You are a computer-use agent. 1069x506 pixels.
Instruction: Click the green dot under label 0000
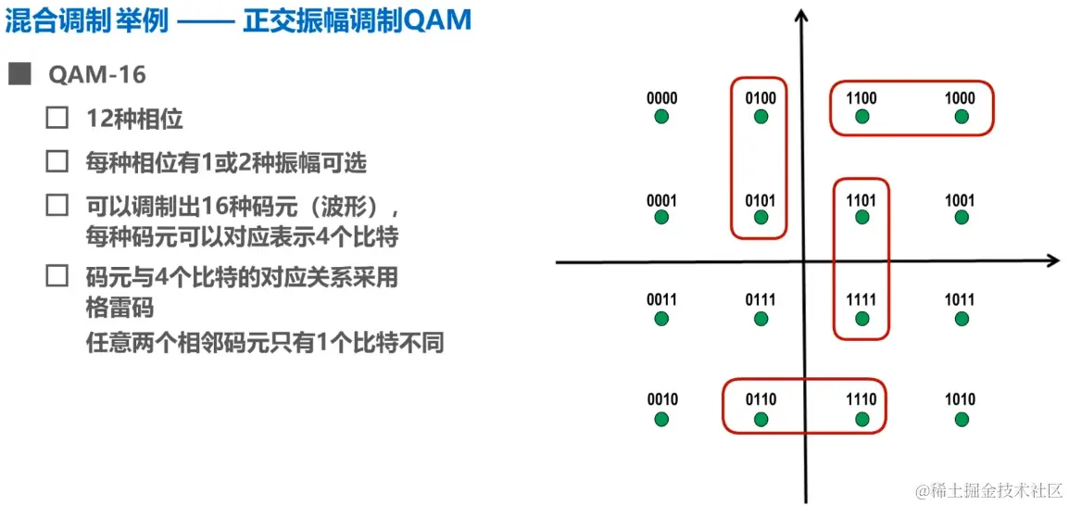(661, 117)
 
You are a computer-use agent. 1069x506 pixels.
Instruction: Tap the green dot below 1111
(862, 319)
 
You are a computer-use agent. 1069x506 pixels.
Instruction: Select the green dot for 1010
(962, 419)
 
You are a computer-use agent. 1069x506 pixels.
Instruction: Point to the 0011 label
(661, 299)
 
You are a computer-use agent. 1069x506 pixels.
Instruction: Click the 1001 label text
(960, 199)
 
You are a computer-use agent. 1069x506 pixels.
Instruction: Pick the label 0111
(761, 299)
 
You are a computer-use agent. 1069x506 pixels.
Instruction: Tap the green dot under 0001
(661, 217)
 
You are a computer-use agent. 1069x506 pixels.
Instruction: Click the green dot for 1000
(962, 117)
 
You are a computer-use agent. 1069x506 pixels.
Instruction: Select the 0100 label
(761, 98)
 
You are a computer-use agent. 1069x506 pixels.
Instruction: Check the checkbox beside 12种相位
(57, 119)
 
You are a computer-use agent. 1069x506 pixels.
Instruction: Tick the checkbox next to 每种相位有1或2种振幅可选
(57, 162)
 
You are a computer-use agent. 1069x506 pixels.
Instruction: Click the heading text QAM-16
(97, 74)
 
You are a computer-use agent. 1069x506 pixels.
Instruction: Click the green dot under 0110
(761, 419)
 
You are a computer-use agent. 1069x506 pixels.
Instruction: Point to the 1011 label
(960, 299)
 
